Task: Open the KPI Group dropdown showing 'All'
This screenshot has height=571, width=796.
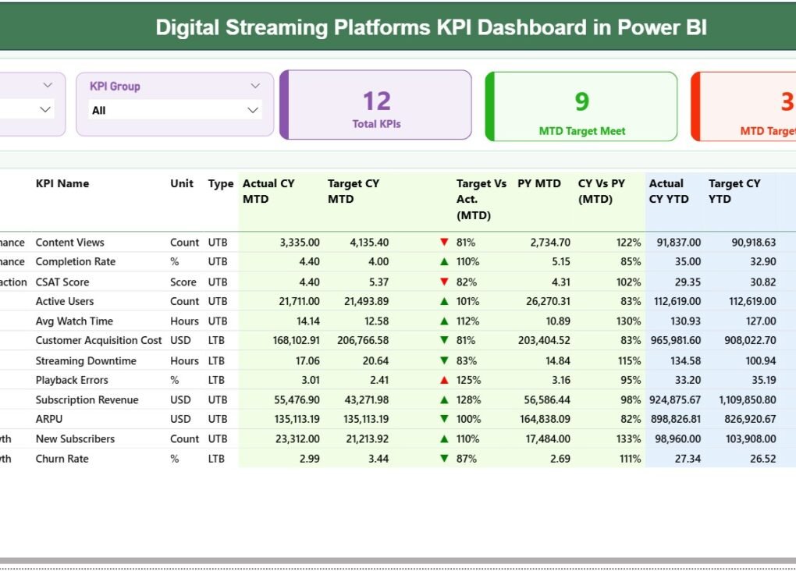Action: (175, 111)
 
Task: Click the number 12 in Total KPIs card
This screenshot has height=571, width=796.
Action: (376, 101)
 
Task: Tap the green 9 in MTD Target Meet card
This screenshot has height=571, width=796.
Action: (581, 101)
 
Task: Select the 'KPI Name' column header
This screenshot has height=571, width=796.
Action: (62, 184)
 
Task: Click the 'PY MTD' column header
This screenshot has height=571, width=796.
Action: (539, 184)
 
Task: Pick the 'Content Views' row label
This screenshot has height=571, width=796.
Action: (69, 243)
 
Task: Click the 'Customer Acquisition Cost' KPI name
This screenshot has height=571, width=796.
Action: (98, 341)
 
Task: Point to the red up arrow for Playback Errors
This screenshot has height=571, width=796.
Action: (444, 381)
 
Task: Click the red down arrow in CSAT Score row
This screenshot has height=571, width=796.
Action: (444, 282)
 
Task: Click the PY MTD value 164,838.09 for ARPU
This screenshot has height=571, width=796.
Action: (543, 420)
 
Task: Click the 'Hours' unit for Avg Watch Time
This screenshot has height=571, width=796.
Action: (184, 321)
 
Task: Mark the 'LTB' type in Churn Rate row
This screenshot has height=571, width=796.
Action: (217, 459)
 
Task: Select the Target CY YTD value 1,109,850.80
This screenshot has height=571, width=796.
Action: (741, 400)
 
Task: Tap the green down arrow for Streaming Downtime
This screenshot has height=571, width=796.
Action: (444, 361)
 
